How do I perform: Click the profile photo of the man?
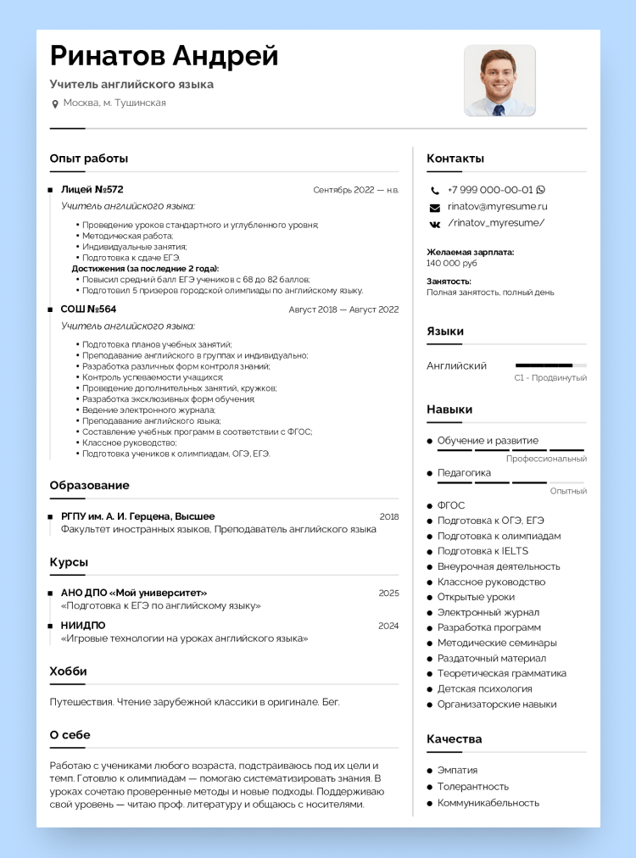click(499, 81)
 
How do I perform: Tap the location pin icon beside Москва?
click(55, 103)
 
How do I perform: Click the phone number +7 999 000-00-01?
click(490, 190)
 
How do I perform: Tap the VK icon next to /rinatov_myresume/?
click(435, 223)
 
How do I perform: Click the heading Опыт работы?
click(89, 158)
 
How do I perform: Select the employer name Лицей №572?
click(92, 189)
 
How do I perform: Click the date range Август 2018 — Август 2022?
click(343, 309)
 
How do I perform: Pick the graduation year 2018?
click(388, 516)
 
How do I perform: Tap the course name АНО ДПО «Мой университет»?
click(134, 593)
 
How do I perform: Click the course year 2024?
click(388, 626)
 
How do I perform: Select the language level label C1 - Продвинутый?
click(550, 378)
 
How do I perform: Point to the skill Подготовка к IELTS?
click(483, 551)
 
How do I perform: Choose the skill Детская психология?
click(485, 688)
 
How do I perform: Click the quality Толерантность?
click(473, 786)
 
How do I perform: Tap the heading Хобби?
click(68, 671)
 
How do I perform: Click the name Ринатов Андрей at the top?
click(165, 56)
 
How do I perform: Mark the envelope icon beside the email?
click(435, 207)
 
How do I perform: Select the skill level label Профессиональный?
click(546, 459)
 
